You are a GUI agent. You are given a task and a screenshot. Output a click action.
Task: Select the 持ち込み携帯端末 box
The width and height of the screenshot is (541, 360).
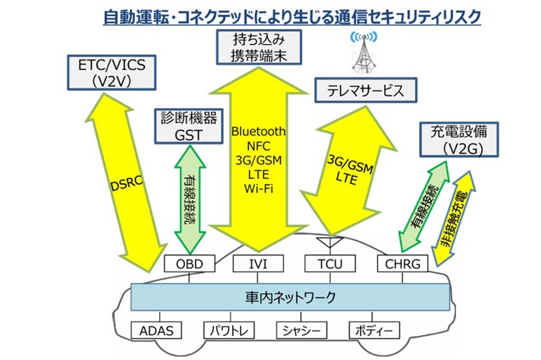tap(258, 47)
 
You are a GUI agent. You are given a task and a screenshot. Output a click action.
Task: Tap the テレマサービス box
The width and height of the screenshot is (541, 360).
tap(366, 91)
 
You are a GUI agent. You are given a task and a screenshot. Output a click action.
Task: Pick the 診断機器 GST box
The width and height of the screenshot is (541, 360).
tap(189, 127)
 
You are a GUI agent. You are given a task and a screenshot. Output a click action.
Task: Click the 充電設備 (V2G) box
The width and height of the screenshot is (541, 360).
tap(459, 140)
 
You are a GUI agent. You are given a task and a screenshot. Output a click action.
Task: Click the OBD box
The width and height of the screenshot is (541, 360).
tap(189, 264)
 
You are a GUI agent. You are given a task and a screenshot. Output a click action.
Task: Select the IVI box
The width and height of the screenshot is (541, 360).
tap(258, 264)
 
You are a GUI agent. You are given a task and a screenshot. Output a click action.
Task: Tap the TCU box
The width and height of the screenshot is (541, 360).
tap(330, 264)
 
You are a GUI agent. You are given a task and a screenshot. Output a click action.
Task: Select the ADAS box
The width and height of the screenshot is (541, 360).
tap(156, 331)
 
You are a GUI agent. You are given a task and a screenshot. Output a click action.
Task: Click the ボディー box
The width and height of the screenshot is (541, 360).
tap(375, 331)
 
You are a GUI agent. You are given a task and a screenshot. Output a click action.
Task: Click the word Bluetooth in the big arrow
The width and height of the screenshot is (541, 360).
tap(258, 132)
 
